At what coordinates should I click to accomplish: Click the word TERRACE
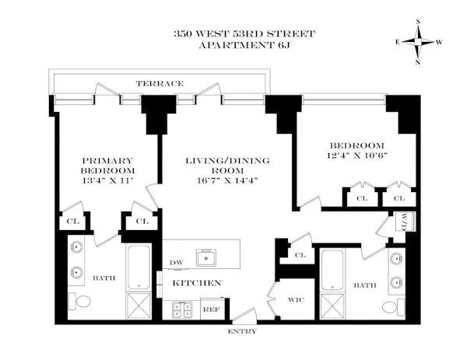pyautogui.click(x=160, y=83)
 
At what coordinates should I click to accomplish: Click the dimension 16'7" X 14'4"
pyautogui.click(x=226, y=180)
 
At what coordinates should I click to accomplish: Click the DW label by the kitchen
pyautogui.click(x=176, y=263)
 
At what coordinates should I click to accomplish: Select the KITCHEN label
pyautogui.click(x=196, y=283)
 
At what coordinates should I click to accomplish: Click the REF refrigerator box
pyautogui.click(x=211, y=308)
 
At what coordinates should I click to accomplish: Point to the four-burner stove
pyautogui.click(x=184, y=309)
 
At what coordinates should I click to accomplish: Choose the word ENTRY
pyautogui.click(x=242, y=332)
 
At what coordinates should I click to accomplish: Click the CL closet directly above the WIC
pyautogui.click(x=299, y=255)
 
